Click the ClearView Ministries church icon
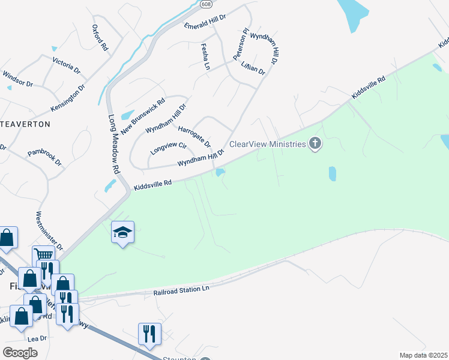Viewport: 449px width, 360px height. click(x=315, y=143)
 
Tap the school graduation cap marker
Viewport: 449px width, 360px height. click(x=122, y=232)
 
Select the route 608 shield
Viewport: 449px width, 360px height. click(x=206, y=4)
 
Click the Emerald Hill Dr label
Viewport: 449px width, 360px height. click(x=204, y=22)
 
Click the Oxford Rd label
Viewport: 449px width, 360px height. click(x=100, y=38)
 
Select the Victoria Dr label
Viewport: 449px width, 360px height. click(x=66, y=65)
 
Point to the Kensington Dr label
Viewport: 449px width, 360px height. click(x=68, y=97)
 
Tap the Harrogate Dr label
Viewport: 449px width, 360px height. click(x=194, y=136)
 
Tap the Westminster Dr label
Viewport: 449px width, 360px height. click(x=49, y=230)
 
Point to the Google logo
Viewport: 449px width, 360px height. click(x=20, y=353)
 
